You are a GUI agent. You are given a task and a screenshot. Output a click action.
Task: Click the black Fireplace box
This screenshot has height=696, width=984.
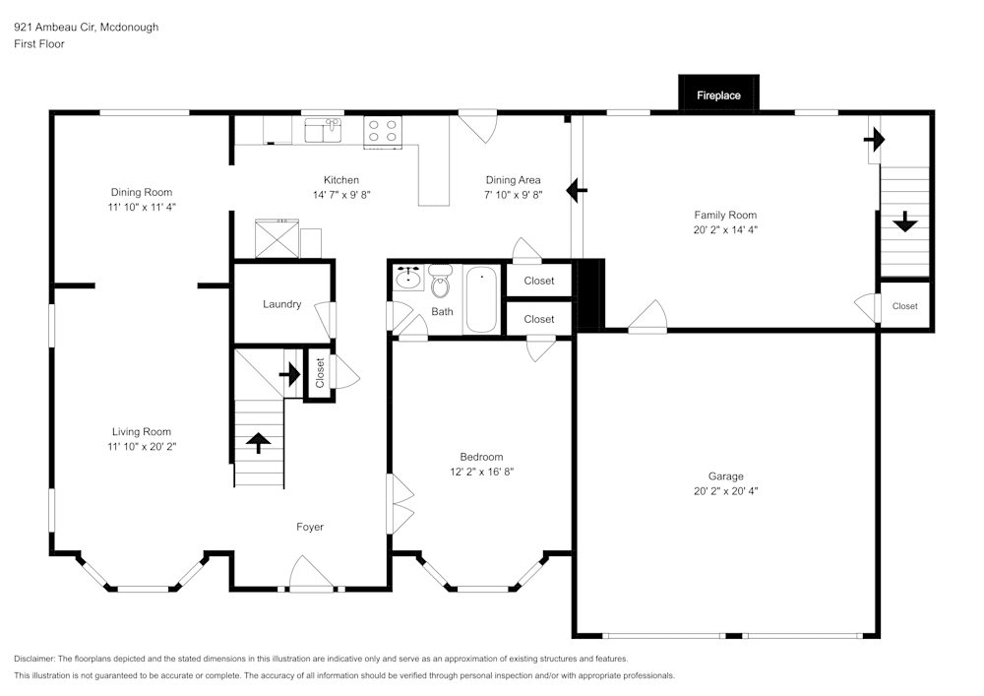[718, 95]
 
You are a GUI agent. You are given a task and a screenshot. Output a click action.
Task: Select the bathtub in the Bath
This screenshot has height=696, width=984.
[482, 299]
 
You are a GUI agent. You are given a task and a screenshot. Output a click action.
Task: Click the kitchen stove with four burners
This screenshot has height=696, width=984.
[383, 132]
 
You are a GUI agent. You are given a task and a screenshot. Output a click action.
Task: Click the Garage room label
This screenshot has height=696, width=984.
[725, 475]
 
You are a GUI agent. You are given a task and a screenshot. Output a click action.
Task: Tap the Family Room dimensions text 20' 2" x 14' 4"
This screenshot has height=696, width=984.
[725, 229]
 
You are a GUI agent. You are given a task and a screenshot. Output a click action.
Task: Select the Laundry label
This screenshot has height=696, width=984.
[281, 304]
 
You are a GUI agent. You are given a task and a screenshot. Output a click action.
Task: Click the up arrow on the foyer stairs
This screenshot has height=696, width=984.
[259, 443]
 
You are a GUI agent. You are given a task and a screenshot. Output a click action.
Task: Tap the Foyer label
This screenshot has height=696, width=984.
[310, 527]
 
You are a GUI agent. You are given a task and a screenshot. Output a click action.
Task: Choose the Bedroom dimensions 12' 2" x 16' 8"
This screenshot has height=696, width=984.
[481, 472]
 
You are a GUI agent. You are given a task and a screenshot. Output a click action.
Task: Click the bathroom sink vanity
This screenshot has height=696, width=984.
[407, 279]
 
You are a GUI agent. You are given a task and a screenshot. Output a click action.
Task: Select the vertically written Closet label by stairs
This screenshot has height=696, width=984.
[320, 372]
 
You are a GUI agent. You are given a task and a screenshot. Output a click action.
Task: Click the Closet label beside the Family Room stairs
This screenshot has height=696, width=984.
[904, 306]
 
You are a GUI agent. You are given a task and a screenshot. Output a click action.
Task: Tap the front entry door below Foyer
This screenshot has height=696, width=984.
[310, 576]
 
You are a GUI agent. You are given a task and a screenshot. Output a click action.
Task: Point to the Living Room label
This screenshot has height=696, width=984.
[142, 431]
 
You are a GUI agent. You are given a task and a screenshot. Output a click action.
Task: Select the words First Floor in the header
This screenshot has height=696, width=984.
[39, 44]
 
